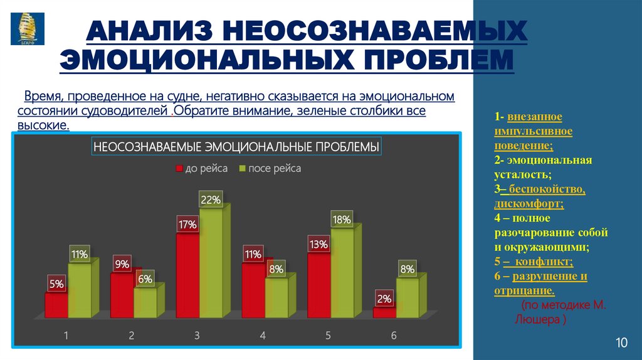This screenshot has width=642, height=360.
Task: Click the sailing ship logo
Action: coord(27,28)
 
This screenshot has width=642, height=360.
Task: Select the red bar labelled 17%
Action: coord(187,276)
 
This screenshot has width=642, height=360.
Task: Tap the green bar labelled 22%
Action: coord(211,263)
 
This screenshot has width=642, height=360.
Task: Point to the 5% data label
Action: coord(56,284)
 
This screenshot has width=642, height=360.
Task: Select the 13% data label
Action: coord(318,245)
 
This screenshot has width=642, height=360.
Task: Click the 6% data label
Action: coord(145,279)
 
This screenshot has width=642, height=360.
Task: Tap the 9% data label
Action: coord(122,265)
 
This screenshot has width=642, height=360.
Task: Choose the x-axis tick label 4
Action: coord(262,336)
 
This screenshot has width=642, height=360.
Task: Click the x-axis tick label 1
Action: coord(66,336)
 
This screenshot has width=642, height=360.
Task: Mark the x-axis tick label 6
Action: coord(394,336)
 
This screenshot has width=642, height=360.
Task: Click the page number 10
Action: coord(621,342)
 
